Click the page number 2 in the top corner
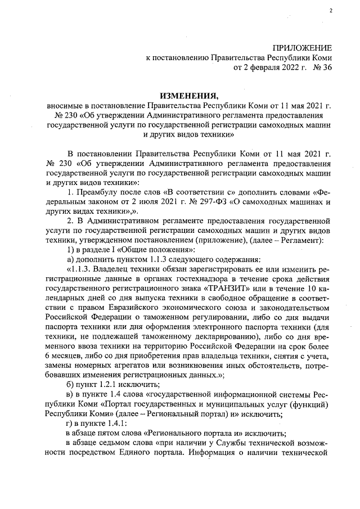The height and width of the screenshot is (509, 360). (x=331, y=11)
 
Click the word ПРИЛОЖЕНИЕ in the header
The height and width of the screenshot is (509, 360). (x=302, y=48)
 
